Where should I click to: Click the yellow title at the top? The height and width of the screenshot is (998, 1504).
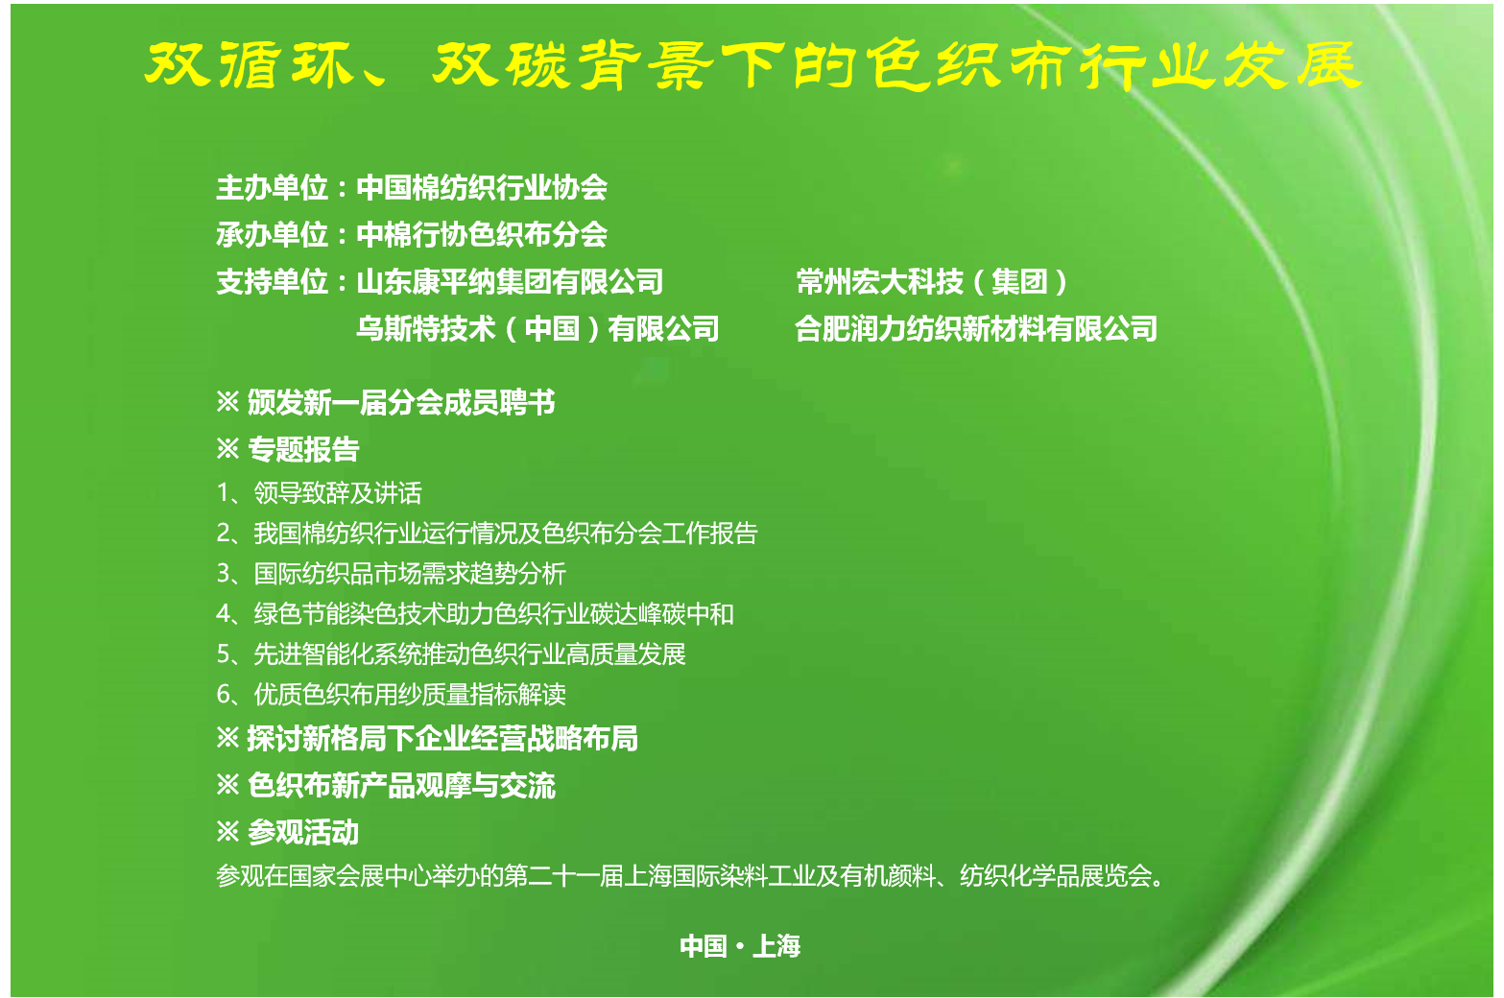click(x=752, y=65)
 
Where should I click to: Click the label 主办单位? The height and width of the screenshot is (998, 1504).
click(x=272, y=187)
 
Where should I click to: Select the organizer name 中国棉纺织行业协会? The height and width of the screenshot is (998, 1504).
click(x=482, y=187)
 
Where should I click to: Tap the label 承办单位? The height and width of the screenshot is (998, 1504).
click(x=272, y=234)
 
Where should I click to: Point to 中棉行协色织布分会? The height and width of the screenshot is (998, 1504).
click(x=482, y=234)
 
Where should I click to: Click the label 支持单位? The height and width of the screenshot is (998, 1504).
click(x=272, y=281)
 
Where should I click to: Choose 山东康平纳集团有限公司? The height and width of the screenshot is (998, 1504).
click(x=511, y=281)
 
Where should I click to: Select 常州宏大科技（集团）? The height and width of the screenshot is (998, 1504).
click(x=932, y=281)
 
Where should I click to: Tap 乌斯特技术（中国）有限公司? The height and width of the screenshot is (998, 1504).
click(x=537, y=328)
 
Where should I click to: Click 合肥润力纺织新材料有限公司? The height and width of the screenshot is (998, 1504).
click(x=976, y=328)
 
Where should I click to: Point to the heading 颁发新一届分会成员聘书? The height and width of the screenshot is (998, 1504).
click(x=401, y=402)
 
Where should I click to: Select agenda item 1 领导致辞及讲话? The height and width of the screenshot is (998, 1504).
click(x=319, y=492)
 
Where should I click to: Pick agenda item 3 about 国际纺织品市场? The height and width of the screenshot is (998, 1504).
click(x=392, y=573)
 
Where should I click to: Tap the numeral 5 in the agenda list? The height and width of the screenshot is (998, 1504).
click(x=224, y=653)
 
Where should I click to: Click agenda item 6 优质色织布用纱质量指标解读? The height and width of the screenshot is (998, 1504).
click(x=392, y=694)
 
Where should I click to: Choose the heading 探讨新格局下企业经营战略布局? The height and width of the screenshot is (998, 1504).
click(x=442, y=738)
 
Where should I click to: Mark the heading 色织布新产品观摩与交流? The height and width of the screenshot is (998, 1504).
click(x=401, y=785)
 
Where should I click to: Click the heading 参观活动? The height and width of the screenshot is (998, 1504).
click(x=303, y=832)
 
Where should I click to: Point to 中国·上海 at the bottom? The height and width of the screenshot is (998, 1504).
click(x=741, y=946)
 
